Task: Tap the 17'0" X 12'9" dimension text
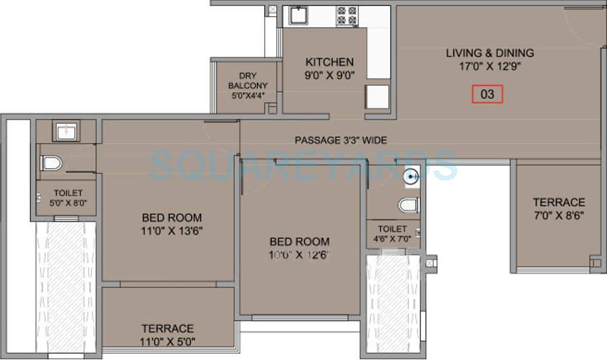pyautogui.click(x=490, y=66)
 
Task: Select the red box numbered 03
pyautogui.click(x=487, y=94)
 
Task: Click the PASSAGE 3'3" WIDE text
pyautogui.click(x=340, y=140)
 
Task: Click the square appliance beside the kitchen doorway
pyautogui.click(x=377, y=97)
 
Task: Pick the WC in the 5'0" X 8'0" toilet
pyautogui.click(x=51, y=163)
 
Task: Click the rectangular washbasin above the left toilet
pyautogui.click(x=65, y=130)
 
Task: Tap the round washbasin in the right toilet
pyautogui.click(x=411, y=178)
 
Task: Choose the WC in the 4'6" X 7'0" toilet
pyautogui.click(x=408, y=205)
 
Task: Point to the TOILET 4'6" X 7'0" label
pyautogui.click(x=392, y=234)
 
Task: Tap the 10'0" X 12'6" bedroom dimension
pyautogui.click(x=300, y=255)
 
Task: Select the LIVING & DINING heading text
pyautogui.click(x=490, y=53)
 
